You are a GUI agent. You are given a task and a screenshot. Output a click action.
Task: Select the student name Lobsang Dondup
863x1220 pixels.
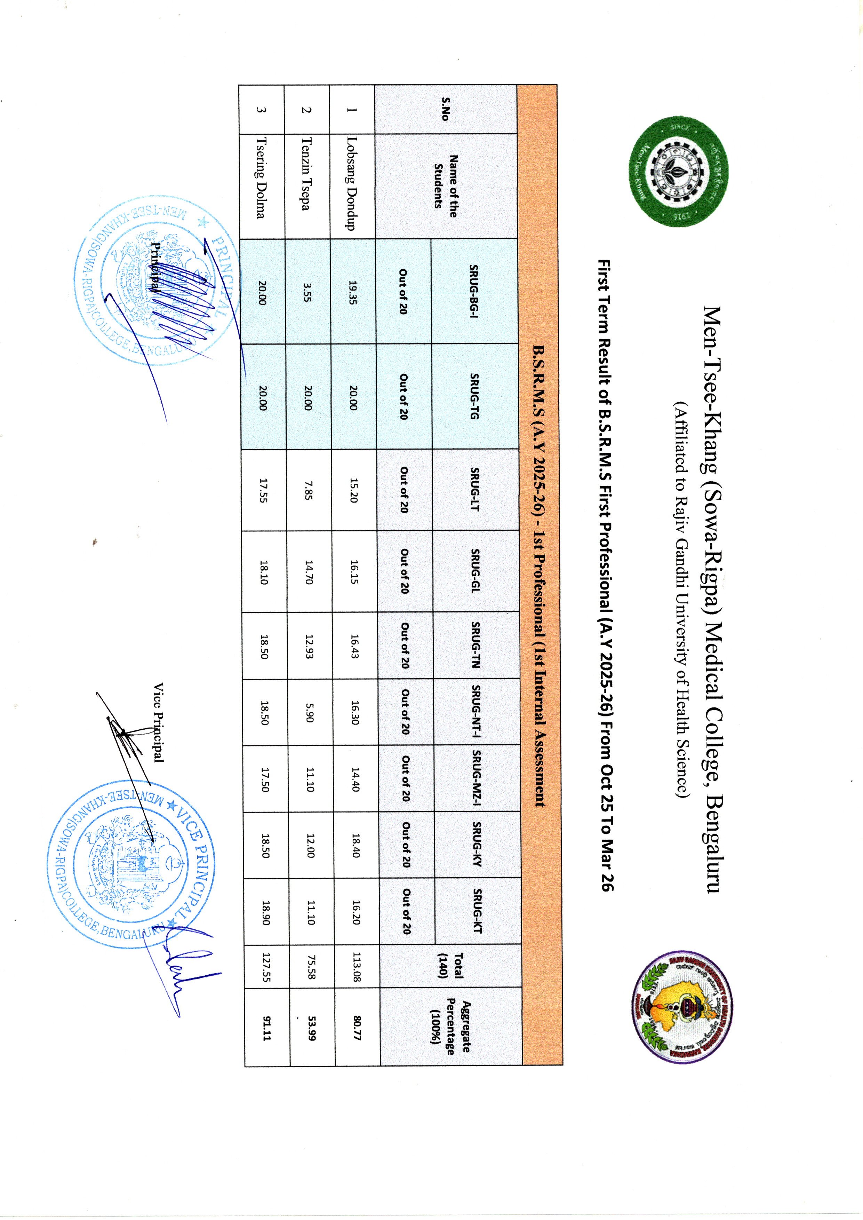pos(351,183)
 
